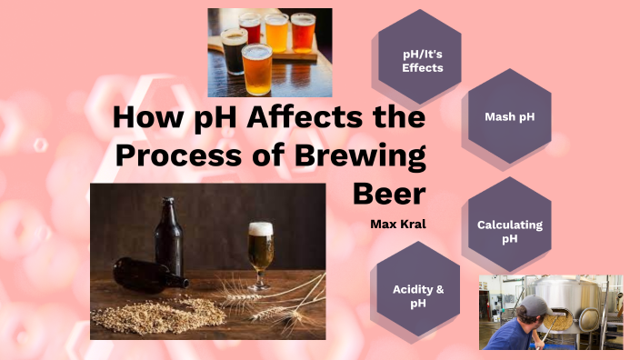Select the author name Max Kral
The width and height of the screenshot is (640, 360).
(x=398, y=223)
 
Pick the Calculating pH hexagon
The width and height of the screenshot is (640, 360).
(x=509, y=231)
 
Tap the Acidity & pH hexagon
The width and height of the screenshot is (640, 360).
(x=417, y=295)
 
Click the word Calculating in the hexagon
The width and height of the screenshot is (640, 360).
(x=509, y=225)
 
